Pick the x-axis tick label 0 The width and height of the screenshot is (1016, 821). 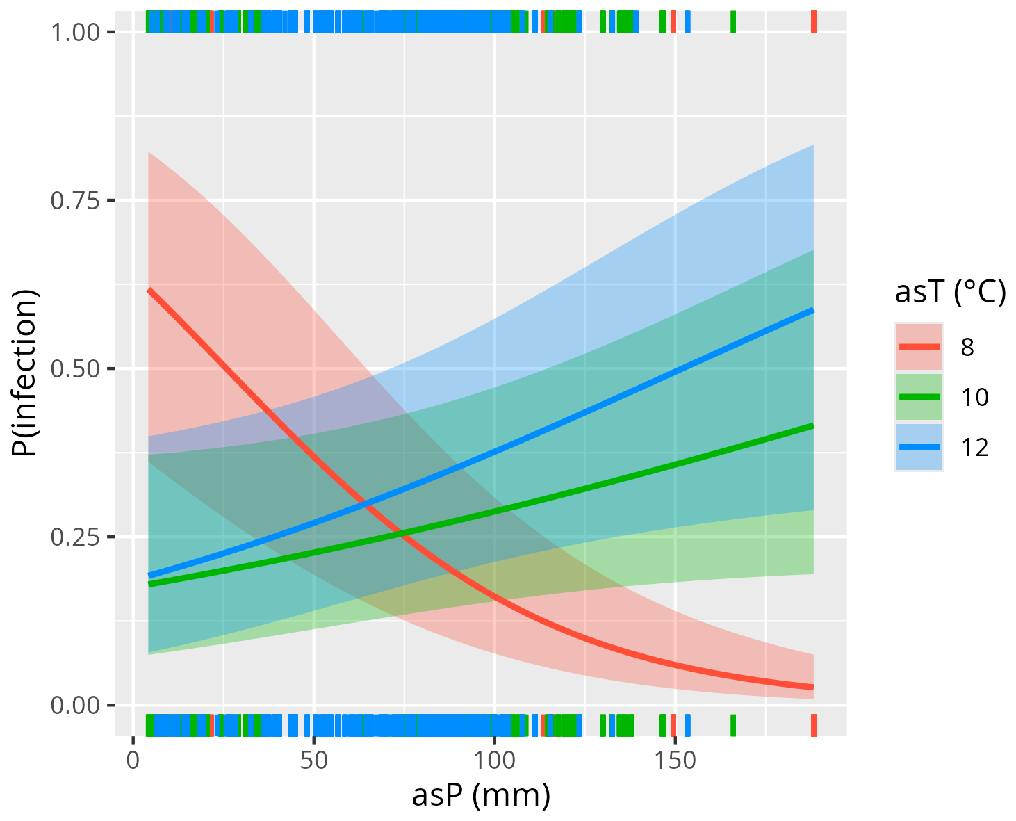[133, 759]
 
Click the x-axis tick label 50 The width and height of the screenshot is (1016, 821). [313, 759]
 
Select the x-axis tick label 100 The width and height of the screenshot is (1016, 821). [494, 759]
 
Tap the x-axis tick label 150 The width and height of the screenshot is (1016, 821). [675, 759]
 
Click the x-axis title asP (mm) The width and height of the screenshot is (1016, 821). [481, 795]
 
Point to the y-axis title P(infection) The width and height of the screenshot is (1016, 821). [25, 373]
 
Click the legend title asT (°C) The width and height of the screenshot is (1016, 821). [950, 293]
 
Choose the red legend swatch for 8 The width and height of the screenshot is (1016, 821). [919, 346]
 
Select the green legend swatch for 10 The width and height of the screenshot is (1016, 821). [919, 397]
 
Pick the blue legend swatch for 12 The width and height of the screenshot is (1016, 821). [919, 447]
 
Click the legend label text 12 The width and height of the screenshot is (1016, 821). [975, 448]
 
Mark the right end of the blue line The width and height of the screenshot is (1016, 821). [813, 310]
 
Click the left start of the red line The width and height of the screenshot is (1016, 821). [149, 289]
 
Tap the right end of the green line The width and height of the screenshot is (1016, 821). [813, 425]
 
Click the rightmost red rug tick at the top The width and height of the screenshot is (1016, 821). [814, 22]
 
